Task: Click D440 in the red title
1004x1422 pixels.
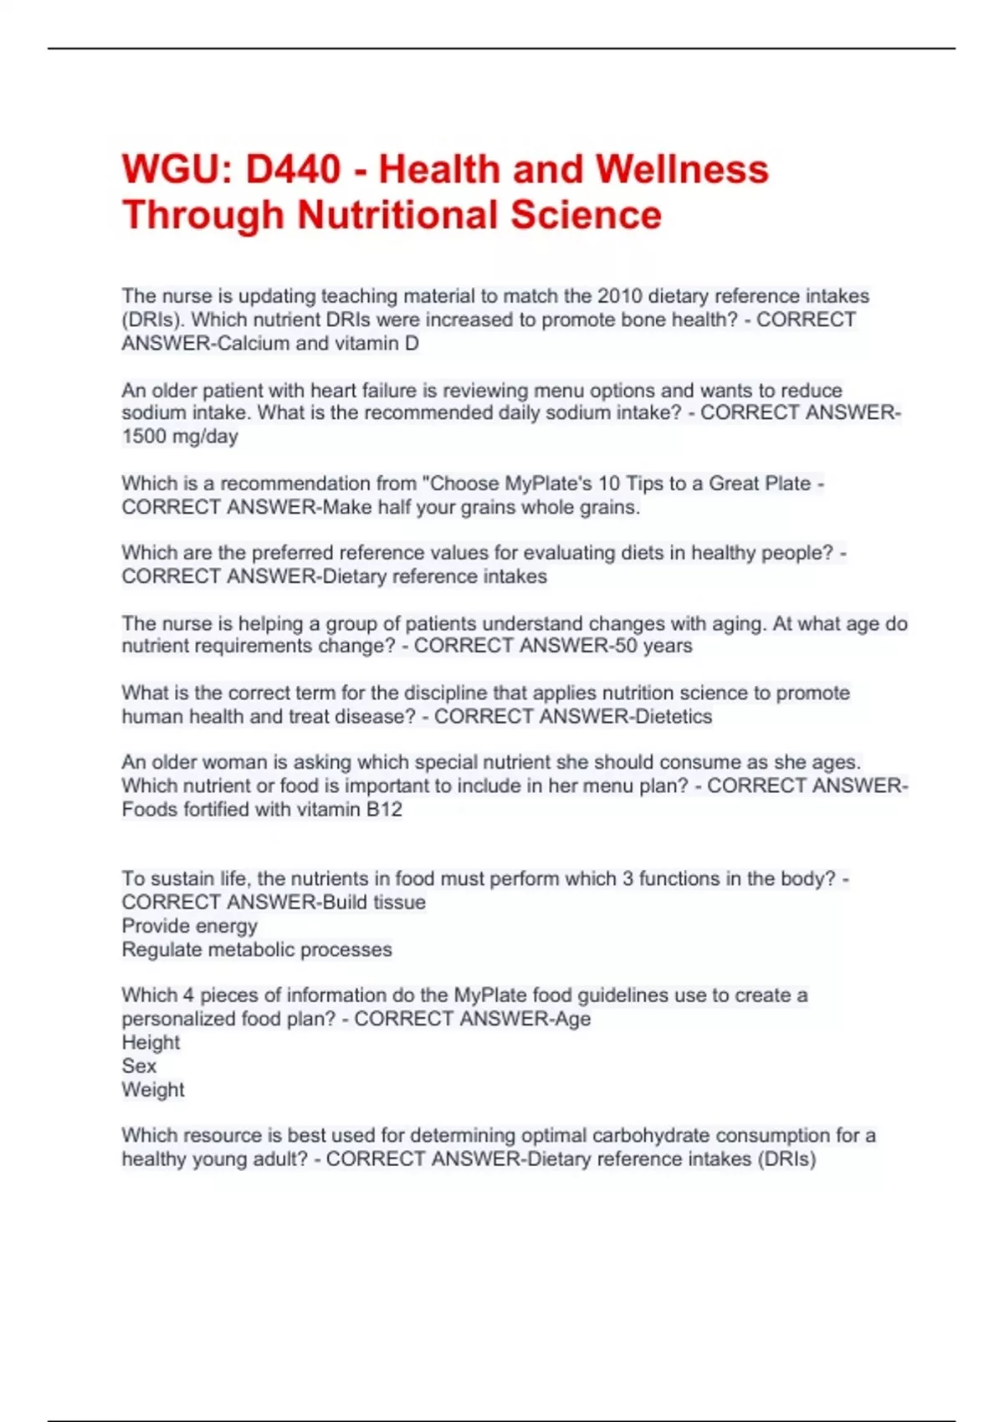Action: click(x=293, y=170)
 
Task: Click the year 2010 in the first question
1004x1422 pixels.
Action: click(x=620, y=296)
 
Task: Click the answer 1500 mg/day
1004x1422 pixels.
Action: click(x=180, y=437)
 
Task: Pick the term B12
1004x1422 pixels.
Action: click(x=384, y=810)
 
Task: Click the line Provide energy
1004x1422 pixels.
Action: click(x=190, y=926)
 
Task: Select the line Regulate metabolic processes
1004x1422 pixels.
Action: click(x=257, y=949)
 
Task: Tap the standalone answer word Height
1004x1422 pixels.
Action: click(x=151, y=1042)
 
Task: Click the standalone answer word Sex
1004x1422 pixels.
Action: click(x=139, y=1066)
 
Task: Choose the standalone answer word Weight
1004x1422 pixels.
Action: click(x=153, y=1090)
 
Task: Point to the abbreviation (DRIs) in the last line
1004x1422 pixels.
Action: click(x=786, y=1159)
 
